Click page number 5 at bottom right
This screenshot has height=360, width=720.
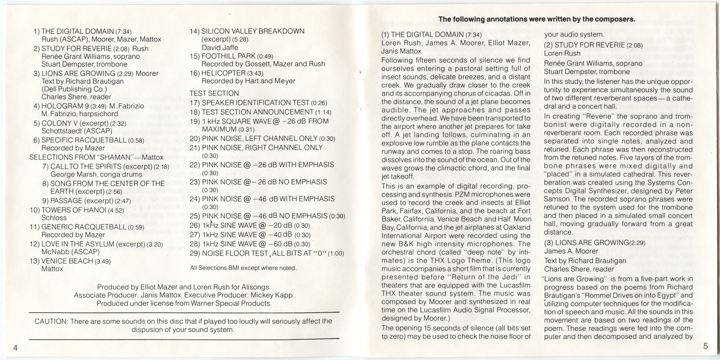click(x=705, y=346)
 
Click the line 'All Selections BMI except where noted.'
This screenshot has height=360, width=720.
click(x=243, y=268)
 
